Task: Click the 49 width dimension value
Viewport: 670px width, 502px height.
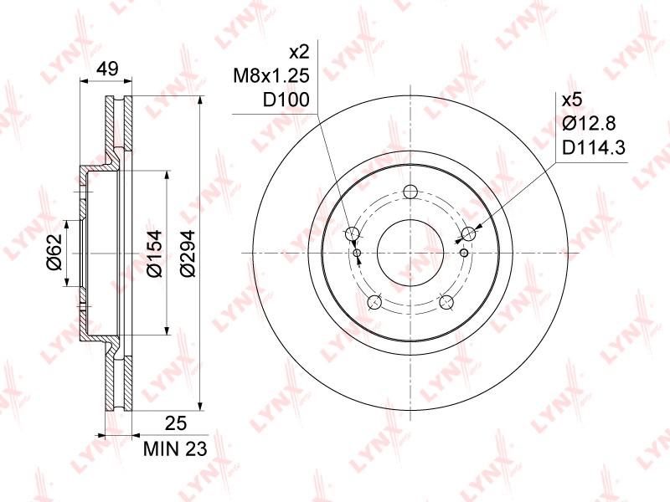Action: click(107, 69)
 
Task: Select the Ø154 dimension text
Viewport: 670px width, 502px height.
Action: click(154, 254)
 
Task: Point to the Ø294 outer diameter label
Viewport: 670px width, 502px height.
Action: click(187, 254)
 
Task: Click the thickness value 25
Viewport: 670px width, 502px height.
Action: click(175, 423)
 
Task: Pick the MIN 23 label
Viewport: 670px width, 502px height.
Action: click(175, 448)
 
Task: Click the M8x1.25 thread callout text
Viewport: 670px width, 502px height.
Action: click(271, 76)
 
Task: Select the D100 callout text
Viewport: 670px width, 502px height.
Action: click(286, 100)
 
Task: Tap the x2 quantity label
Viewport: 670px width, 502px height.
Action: click(299, 53)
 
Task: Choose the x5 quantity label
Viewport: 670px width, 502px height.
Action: click(572, 100)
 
